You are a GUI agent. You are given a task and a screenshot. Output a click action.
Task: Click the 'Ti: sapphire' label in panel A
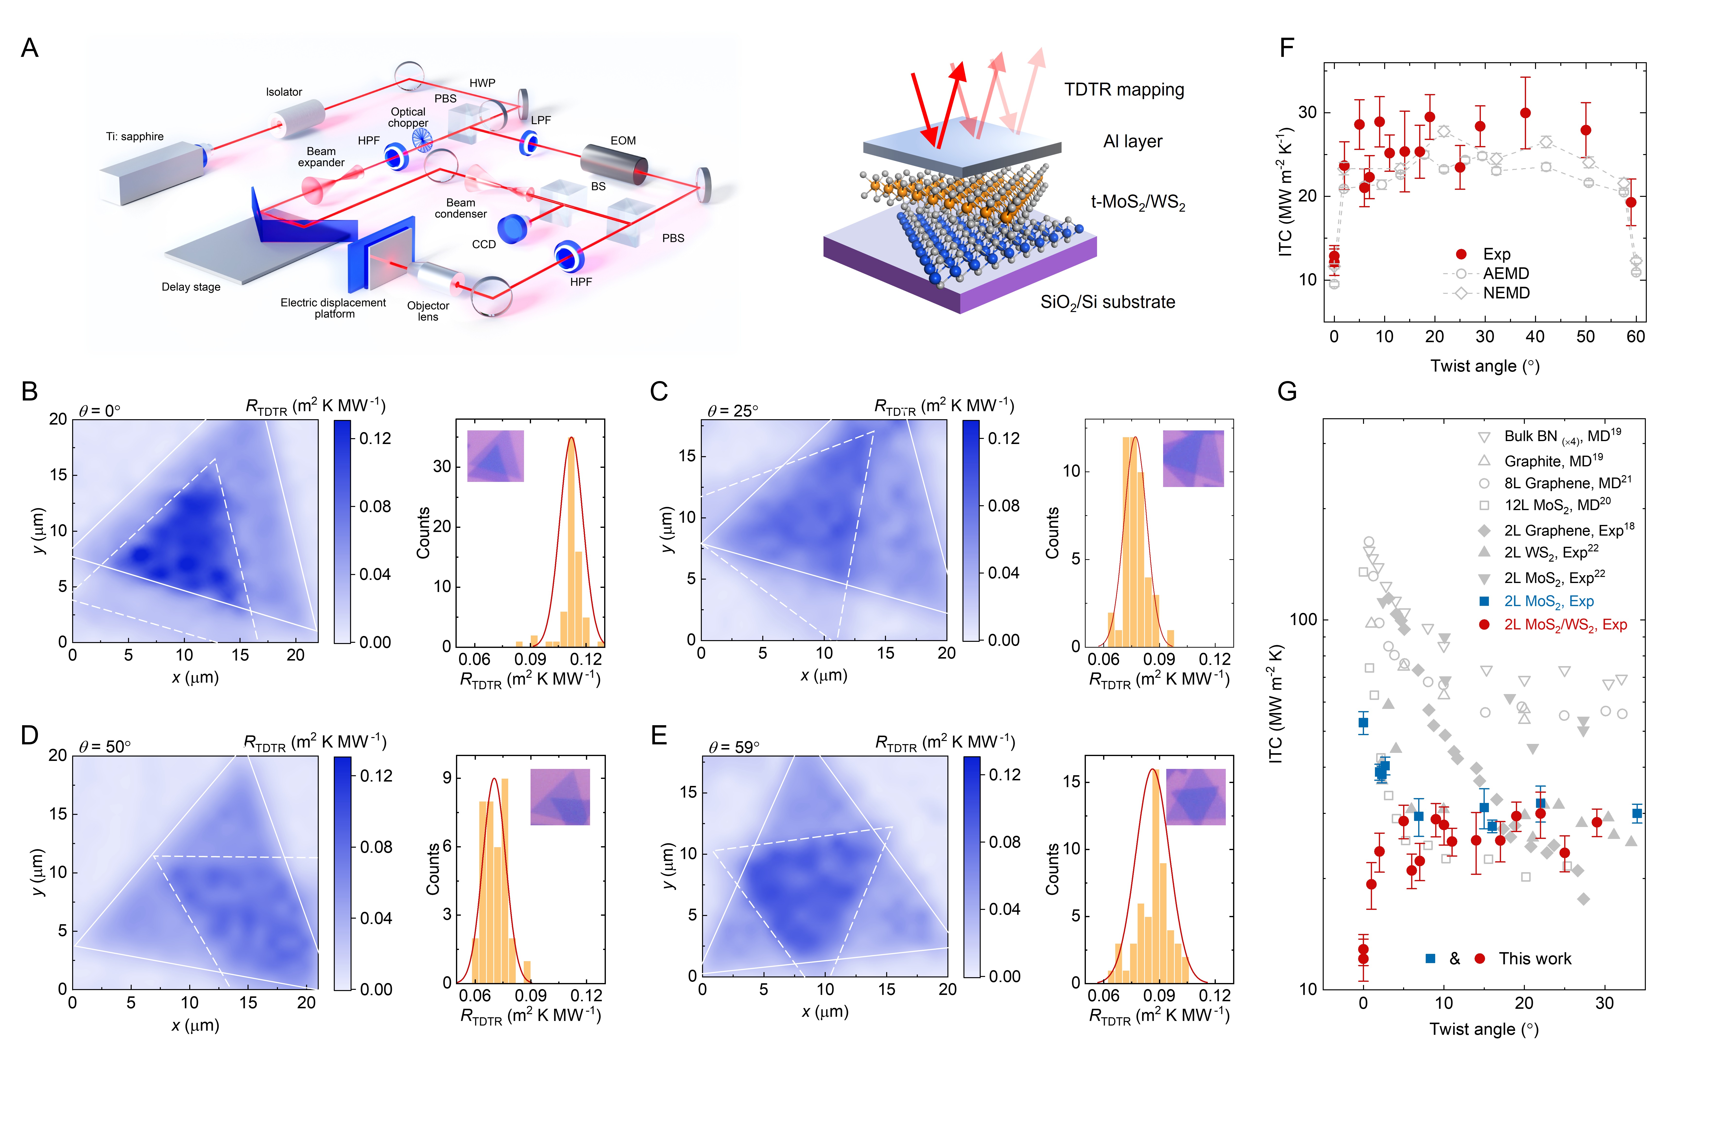click(x=135, y=136)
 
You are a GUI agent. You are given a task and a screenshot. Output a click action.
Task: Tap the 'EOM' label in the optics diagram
click(x=623, y=141)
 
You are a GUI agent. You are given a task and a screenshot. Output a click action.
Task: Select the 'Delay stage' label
click(x=191, y=287)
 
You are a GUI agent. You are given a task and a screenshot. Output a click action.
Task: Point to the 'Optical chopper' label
click(x=408, y=118)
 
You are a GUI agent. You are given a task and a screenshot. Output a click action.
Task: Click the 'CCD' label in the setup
click(x=484, y=244)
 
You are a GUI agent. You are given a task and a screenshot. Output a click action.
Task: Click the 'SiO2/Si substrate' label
click(x=1107, y=302)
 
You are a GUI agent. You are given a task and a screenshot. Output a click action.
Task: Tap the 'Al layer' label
click(x=1133, y=141)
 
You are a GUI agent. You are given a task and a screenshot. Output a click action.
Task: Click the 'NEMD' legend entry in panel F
click(x=1506, y=293)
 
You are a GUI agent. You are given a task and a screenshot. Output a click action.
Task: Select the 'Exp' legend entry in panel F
click(x=1497, y=254)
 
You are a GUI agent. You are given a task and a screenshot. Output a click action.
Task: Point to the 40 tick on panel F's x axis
click(x=1535, y=337)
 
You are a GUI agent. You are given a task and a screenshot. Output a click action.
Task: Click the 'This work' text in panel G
click(x=1535, y=958)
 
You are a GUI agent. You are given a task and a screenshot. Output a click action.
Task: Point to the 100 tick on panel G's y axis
click(x=1303, y=619)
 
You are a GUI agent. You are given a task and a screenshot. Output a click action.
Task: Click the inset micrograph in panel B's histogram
click(x=495, y=456)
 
